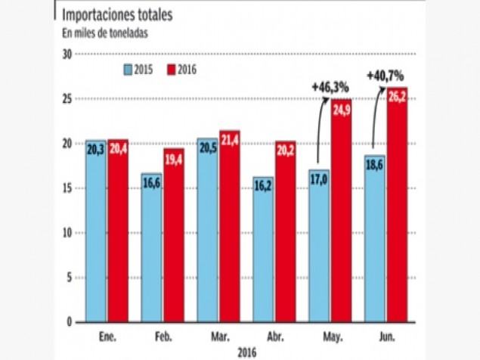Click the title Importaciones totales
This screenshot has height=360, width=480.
click(x=116, y=15)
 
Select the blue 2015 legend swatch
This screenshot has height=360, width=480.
click(x=129, y=70)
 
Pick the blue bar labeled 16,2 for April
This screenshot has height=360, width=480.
click(x=263, y=250)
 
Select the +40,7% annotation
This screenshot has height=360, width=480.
click(x=385, y=76)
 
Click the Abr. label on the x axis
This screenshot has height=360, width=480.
click(x=274, y=334)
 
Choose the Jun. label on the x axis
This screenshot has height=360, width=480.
click(x=386, y=334)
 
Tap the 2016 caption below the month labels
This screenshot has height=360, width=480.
click(x=246, y=352)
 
